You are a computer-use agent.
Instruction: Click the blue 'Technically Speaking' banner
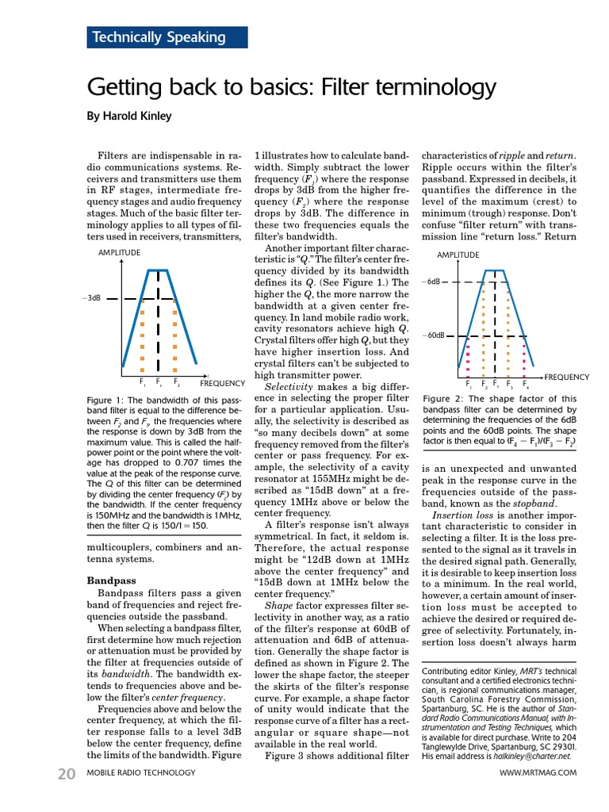click(x=167, y=37)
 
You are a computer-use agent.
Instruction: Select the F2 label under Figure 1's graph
click(x=176, y=383)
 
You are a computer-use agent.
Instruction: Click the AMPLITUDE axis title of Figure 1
click(x=119, y=253)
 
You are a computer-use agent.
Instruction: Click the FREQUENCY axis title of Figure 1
click(x=222, y=383)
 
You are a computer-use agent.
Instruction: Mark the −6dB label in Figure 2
click(x=432, y=282)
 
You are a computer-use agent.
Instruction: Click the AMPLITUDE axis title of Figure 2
click(x=458, y=255)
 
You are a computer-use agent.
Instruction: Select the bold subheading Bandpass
click(x=110, y=580)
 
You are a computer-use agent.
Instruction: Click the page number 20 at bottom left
click(x=67, y=773)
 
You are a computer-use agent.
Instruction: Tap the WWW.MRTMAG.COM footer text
click(x=538, y=773)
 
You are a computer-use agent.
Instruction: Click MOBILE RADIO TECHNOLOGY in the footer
click(x=140, y=773)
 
